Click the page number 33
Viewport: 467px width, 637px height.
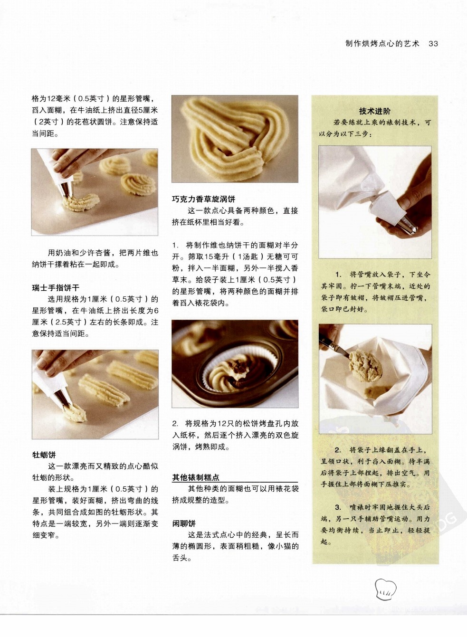433,44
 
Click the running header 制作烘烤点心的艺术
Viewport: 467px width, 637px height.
382,44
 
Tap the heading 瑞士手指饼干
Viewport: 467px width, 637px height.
56,288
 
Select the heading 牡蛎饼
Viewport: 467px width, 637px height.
44,455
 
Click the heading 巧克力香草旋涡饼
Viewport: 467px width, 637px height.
204,199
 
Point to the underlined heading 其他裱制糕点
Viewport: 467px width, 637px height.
196,477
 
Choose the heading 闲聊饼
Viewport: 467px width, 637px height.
184,523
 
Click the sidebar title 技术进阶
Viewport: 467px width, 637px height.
375,111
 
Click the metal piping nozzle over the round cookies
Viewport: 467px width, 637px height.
66,190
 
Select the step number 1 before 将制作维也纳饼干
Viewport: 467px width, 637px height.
174,246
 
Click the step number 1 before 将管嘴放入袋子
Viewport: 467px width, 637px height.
338,275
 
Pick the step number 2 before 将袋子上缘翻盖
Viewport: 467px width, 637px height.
338,450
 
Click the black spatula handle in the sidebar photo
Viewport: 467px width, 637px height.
330,342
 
